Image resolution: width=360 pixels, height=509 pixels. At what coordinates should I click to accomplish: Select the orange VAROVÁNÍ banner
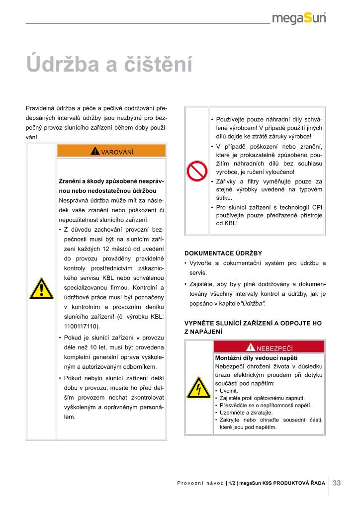[111, 151]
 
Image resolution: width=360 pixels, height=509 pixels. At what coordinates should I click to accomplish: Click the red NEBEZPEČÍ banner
[269, 347]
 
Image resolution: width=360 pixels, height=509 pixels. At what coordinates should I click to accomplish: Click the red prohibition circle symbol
[196, 171]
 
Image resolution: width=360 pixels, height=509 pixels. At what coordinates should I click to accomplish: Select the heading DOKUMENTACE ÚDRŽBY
[223, 253]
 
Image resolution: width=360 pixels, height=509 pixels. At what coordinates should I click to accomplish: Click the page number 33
[337, 483]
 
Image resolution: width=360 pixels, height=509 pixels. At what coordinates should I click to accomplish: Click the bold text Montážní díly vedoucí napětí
[256, 358]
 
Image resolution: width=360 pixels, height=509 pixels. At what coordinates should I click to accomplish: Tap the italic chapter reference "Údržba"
[253, 303]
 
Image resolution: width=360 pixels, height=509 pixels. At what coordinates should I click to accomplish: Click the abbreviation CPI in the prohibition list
[317, 206]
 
